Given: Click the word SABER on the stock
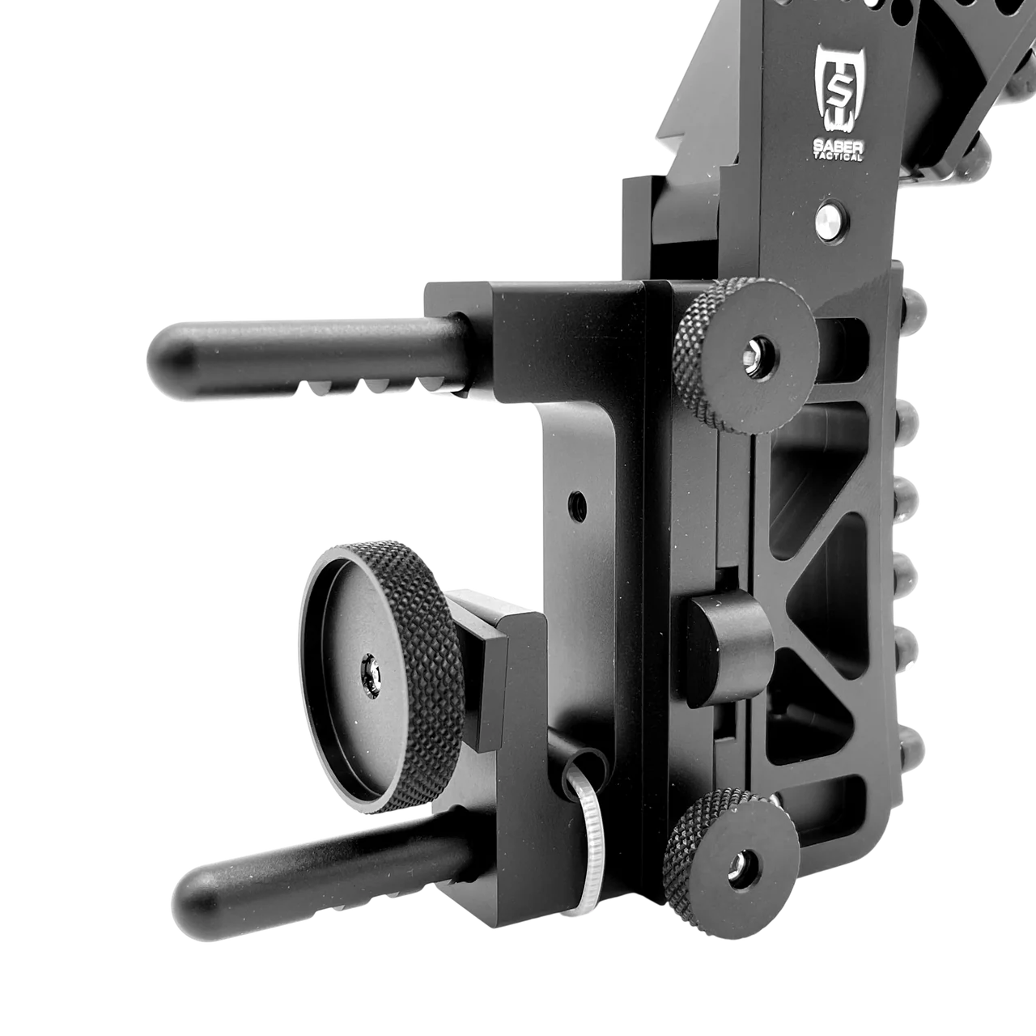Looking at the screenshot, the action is tap(839, 146).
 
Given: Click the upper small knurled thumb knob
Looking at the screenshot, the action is tap(746, 355).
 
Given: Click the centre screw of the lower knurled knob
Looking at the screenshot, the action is tap(739, 868).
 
